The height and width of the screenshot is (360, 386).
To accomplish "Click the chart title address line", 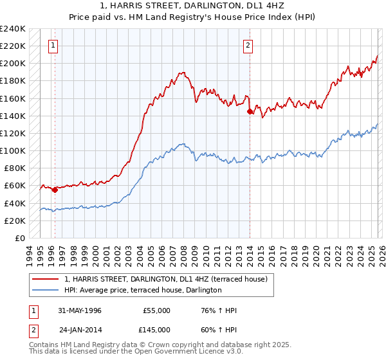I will point(192,6).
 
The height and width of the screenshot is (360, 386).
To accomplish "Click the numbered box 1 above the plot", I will point(52,45).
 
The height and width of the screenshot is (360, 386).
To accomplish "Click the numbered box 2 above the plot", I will point(248,45).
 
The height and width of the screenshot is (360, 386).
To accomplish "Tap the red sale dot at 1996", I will point(55,190).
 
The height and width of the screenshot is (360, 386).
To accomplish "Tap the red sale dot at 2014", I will point(249,111).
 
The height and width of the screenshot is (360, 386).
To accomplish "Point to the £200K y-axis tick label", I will point(13,64).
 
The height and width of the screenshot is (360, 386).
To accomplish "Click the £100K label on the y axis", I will point(13,150).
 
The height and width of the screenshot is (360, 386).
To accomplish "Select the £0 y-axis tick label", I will point(19,238).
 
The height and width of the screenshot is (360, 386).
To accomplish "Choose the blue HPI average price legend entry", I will point(143,291).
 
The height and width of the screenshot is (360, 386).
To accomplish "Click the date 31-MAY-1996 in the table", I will point(80,310).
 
